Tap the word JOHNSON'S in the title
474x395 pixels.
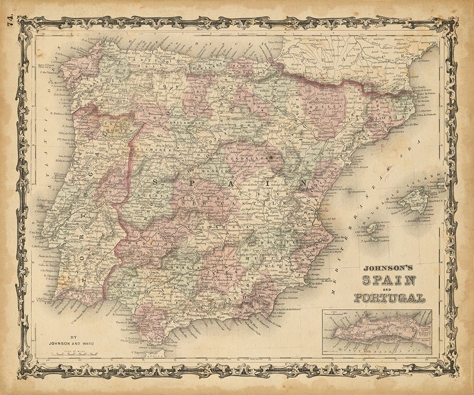coord(388,267)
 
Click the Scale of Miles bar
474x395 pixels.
coord(87,353)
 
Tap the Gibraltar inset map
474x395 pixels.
coord(377,332)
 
